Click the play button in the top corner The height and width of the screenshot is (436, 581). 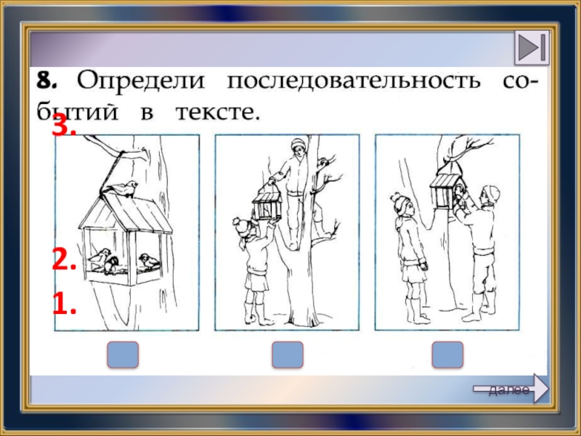[x=532, y=48]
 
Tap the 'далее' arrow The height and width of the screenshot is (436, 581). [x=511, y=389]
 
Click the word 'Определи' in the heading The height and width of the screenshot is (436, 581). [x=140, y=80]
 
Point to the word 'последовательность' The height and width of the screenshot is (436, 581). [x=353, y=80]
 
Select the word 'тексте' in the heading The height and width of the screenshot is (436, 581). [x=216, y=112]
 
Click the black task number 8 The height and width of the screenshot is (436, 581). [x=46, y=80]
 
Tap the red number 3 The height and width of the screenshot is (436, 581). [x=64, y=125]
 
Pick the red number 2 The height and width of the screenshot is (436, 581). [x=64, y=259]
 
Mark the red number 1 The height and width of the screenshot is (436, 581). [x=65, y=303]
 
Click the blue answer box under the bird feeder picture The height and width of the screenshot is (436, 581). [x=123, y=355]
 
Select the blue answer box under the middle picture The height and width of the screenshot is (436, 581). [x=288, y=355]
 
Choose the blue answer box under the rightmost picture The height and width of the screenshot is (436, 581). [x=447, y=355]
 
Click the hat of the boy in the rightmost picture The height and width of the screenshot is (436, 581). [x=492, y=193]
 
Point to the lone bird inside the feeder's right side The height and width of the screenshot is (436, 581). [x=150, y=261]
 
